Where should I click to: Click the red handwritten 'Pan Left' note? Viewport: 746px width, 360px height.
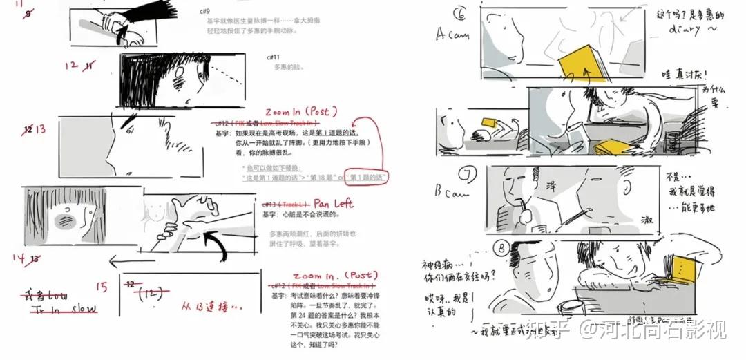[334, 204]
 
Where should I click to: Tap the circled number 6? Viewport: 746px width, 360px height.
[462, 12]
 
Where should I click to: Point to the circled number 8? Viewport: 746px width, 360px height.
[502, 245]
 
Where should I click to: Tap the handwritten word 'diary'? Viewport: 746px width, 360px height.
[684, 30]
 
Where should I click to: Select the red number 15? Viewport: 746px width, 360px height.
[102, 287]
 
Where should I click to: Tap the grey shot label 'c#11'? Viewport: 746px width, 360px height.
[273, 57]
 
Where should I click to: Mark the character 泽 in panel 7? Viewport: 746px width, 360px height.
[551, 186]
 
